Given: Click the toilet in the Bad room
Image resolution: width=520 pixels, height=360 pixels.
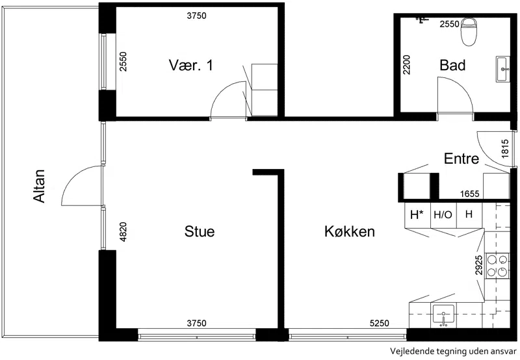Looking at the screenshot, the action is coord(469,31).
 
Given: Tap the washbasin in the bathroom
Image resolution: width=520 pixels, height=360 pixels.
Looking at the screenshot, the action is coord(503,69).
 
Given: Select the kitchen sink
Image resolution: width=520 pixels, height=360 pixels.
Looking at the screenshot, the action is coord(443,316).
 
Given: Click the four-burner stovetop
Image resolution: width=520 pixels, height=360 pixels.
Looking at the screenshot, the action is coord(497,266).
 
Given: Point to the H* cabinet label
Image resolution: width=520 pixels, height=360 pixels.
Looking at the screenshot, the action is coord(417,215).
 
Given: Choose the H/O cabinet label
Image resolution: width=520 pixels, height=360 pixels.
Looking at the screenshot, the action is coord(443,215).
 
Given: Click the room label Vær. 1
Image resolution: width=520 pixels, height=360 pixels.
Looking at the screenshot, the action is coord(191,65).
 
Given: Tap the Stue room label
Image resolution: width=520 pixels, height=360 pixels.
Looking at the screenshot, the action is coord(200,231).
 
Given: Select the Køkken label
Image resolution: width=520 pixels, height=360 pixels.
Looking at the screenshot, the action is coord(350,231).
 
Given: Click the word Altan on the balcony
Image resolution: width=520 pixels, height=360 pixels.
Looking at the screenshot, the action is coord(39,186).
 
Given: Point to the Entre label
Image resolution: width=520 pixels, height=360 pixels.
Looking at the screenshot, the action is coord(461,159).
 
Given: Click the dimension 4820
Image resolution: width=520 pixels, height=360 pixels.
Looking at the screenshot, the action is coord(123,232).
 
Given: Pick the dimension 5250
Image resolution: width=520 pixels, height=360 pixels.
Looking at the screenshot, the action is coord(380,322).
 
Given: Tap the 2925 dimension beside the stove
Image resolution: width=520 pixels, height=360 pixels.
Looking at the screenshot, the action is coord(478,265).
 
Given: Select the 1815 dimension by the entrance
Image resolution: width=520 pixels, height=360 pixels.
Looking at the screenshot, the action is coord(505,149).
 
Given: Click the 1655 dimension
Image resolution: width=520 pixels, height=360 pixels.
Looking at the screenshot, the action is coord(469,194).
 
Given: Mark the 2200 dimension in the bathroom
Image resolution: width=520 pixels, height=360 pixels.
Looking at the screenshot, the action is coord(406,64).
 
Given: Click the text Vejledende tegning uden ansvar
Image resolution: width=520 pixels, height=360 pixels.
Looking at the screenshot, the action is coord(453,352).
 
